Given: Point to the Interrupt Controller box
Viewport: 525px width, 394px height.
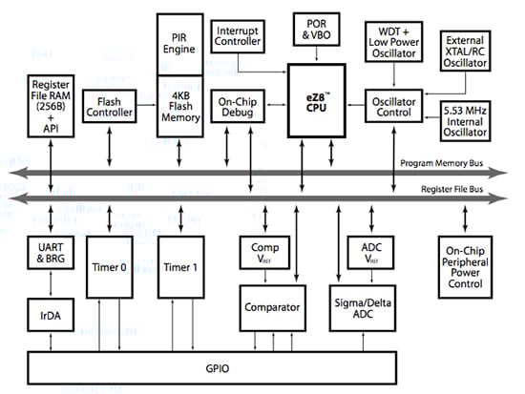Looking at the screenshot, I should pos(239,36).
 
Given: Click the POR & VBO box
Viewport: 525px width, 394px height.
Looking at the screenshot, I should pos(317,28).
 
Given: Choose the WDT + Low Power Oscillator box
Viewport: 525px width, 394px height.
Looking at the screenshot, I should pos(394,44).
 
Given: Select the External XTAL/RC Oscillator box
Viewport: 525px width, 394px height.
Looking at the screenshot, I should pos(464,49).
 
